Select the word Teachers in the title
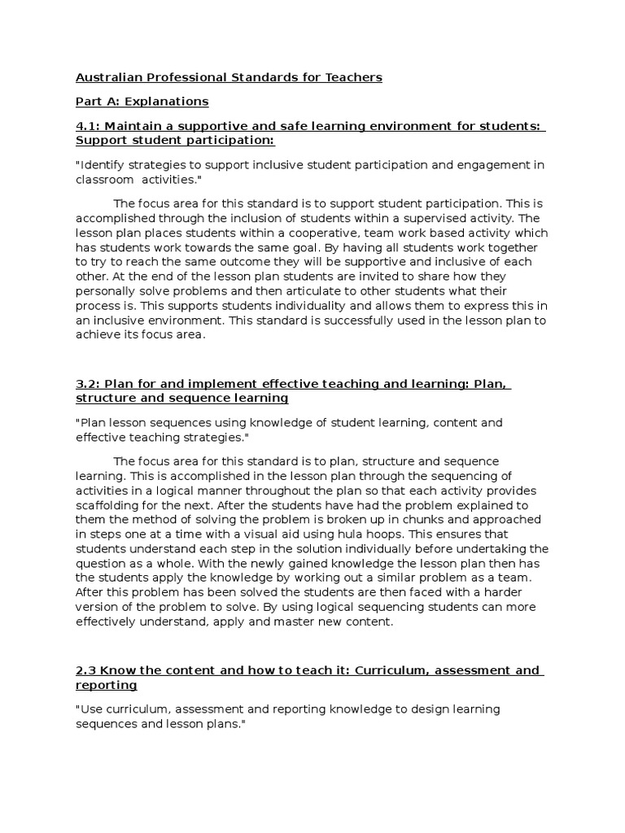(x=351, y=78)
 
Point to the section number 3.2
(x=87, y=384)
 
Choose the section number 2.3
(x=85, y=670)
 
